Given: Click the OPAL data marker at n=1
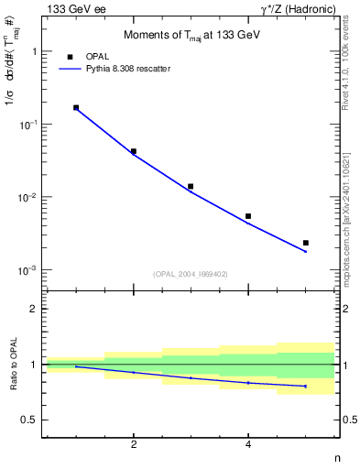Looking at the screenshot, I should pos(76,107).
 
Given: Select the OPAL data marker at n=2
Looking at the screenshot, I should pos(134,151).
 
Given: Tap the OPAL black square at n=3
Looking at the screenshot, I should pos(191,186).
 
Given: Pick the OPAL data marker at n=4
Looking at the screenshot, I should pos(248,216).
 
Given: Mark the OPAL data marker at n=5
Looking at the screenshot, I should pos(306,243).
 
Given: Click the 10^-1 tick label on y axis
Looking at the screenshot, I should pos(28,125).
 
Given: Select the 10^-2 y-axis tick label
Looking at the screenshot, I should pos(28,198).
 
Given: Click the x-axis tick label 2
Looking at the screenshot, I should pos(134,445).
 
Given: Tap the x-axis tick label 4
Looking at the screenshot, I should pos(248,445).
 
